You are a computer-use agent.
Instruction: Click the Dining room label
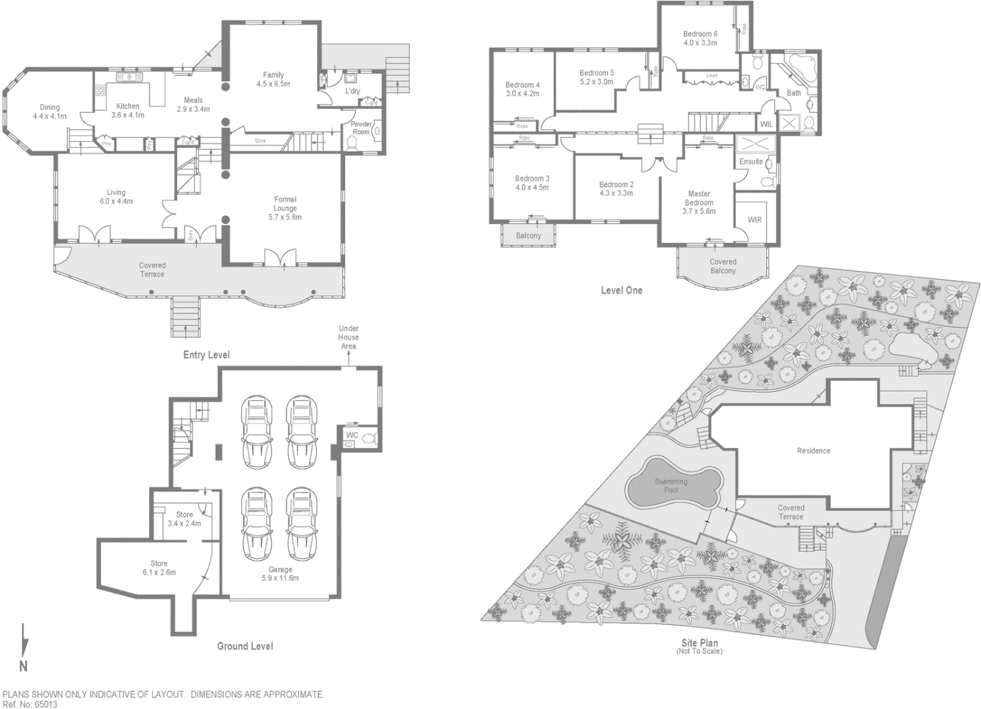tap(49, 107)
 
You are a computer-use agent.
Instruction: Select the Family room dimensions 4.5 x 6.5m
tap(273, 84)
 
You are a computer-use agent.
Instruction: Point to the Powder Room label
tap(361, 128)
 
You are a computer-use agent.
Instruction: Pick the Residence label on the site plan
tap(813, 451)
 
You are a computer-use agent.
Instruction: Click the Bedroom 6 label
tap(699, 34)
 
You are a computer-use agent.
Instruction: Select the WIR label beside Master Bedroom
tap(755, 220)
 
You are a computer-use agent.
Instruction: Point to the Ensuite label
tap(751, 161)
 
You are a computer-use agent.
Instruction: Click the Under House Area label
tap(348, 337)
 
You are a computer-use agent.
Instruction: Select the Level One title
tap(621, 290)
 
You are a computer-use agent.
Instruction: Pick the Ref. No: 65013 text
tap(30, 704)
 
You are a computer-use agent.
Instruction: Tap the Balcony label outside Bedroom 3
tap(528, 236)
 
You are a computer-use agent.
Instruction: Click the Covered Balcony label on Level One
tap(722, 266)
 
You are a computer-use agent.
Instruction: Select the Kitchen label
tap(128, 106)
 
